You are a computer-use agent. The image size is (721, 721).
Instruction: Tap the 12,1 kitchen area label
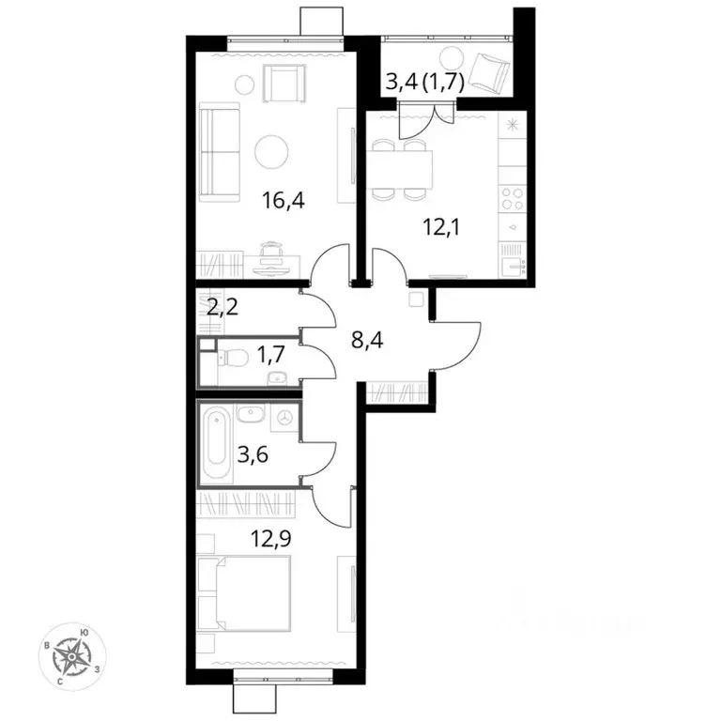438,224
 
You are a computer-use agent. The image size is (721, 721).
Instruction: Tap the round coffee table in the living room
274,150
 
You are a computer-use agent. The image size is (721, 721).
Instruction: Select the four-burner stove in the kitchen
512,199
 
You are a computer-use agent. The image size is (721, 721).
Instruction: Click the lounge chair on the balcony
486,69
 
